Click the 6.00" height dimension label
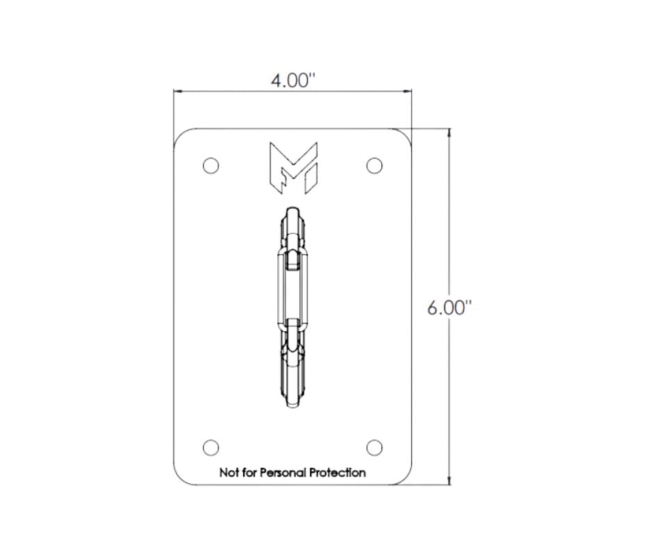click(x=450, y=308)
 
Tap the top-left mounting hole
click(x=210, y=166)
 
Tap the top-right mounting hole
click(x=374, y=166)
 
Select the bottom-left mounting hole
click(x=210, y=448)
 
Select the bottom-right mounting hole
click(x=374, y=448)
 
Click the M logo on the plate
click(x=294, y=168)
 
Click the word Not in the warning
click(x=229, y=473)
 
